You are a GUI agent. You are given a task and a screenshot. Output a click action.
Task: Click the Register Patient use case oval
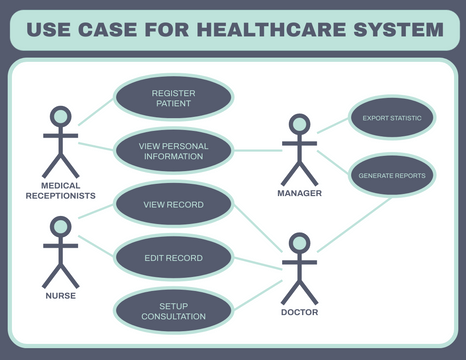173,97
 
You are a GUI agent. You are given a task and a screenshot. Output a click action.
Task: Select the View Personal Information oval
173,151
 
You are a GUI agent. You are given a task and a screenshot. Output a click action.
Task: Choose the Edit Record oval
173,258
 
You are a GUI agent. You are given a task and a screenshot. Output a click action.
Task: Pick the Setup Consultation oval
173,311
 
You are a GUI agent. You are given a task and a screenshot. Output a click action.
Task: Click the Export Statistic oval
391,118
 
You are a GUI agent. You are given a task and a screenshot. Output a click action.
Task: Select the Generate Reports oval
392,175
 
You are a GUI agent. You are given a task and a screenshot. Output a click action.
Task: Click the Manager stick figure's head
299,125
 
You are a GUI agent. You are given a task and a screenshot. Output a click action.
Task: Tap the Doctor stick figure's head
299,243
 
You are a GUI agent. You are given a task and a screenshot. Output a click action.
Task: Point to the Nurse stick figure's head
61,226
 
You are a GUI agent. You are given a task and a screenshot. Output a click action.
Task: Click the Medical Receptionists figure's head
61,117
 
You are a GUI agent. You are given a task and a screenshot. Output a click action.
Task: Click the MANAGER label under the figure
299,194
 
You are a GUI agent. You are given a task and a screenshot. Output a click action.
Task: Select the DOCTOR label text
299,312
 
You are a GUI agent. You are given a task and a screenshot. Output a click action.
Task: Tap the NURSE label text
61,296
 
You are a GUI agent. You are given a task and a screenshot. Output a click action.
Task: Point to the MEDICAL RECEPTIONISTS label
61,190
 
